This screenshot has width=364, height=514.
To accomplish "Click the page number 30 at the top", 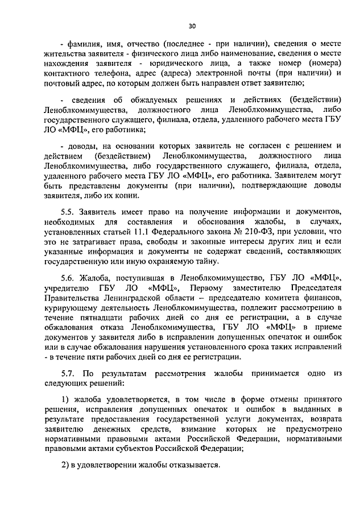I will (192, 26).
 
